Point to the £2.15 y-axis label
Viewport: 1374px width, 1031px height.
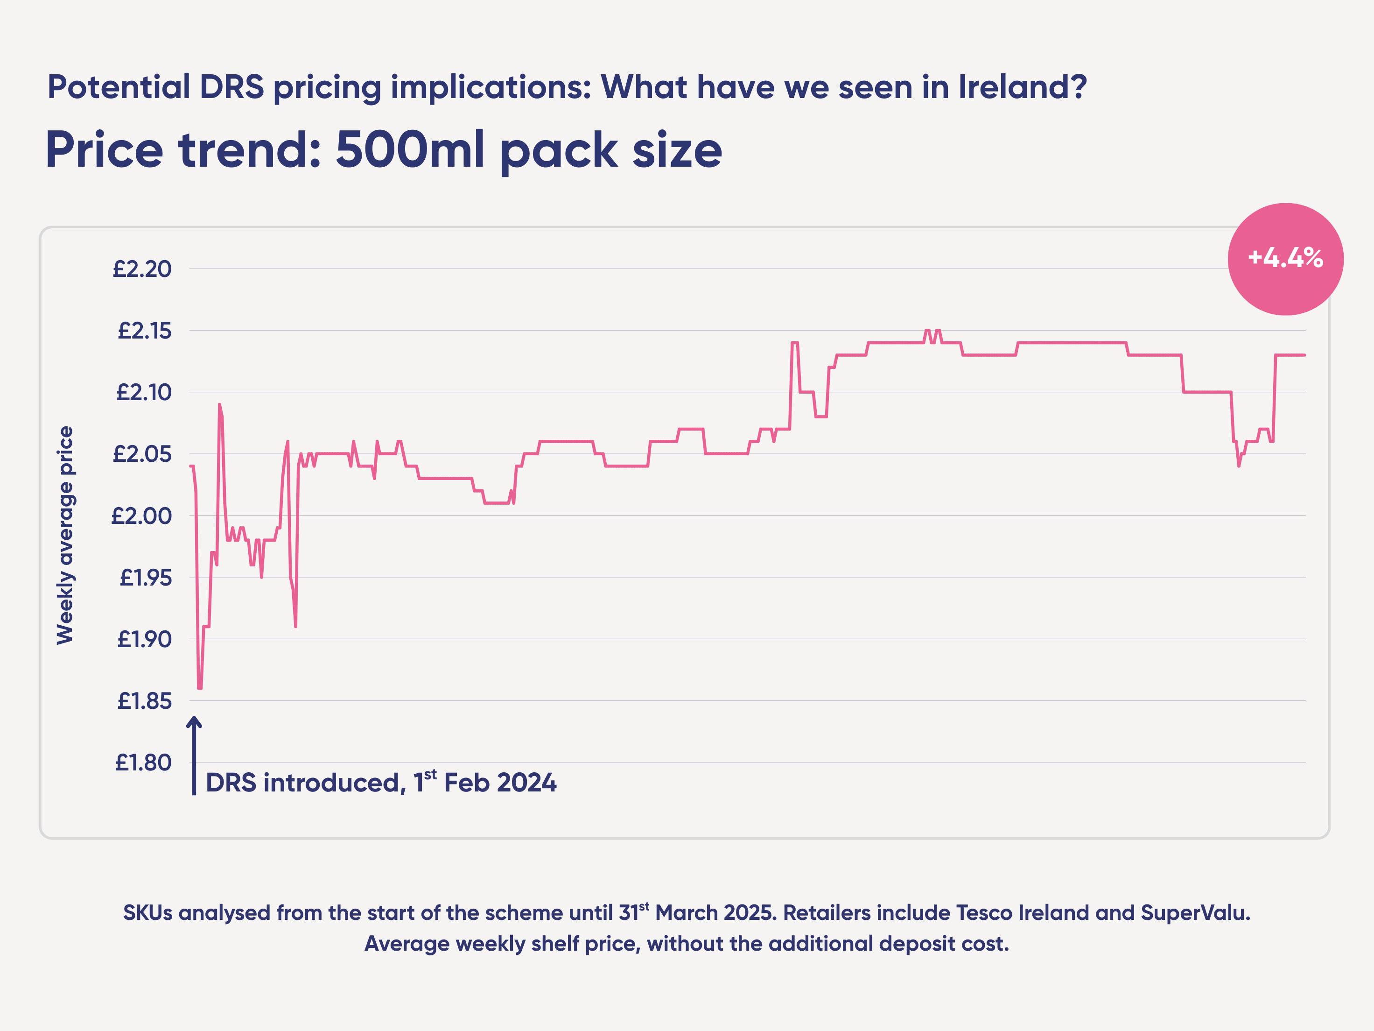click(x=144, y=331)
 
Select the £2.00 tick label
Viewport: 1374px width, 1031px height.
click(x=141, y=516)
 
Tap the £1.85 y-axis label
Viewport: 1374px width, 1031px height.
click(x=144, y=701)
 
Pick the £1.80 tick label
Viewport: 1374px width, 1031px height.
click(x=143, y=763)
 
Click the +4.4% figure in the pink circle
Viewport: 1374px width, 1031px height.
click(x=1285, y=258)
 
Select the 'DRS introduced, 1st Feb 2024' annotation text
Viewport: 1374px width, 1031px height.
click(x=381, y=783)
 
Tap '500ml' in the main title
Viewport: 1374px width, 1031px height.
click(x=409, y=150)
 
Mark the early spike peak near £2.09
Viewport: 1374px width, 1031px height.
click(x=219, y=405)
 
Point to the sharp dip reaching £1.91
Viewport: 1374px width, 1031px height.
click(x=296, y=625)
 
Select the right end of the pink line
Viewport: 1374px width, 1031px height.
click(x=1304, y=355)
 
